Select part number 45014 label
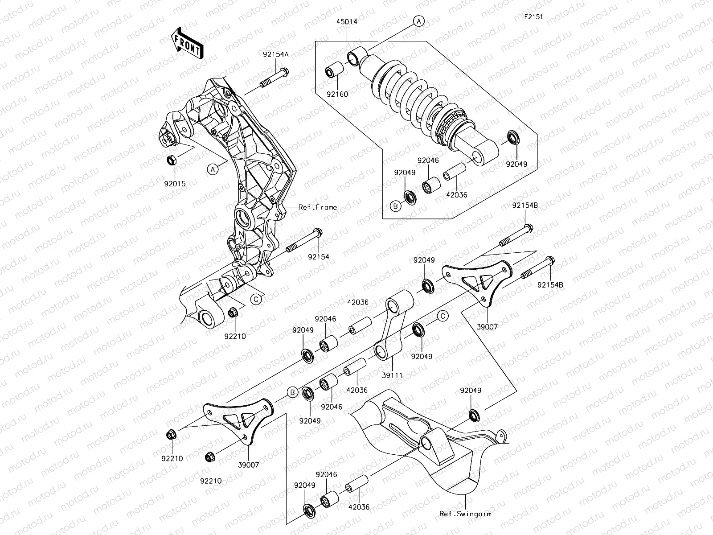[348, 21]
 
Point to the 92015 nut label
[174, 183]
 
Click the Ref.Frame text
[318, 207]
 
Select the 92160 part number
[337, 95]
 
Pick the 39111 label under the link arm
[392, 375]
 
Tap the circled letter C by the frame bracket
[256, 299]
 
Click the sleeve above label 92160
[335, 73]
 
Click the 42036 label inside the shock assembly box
[456, 195]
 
